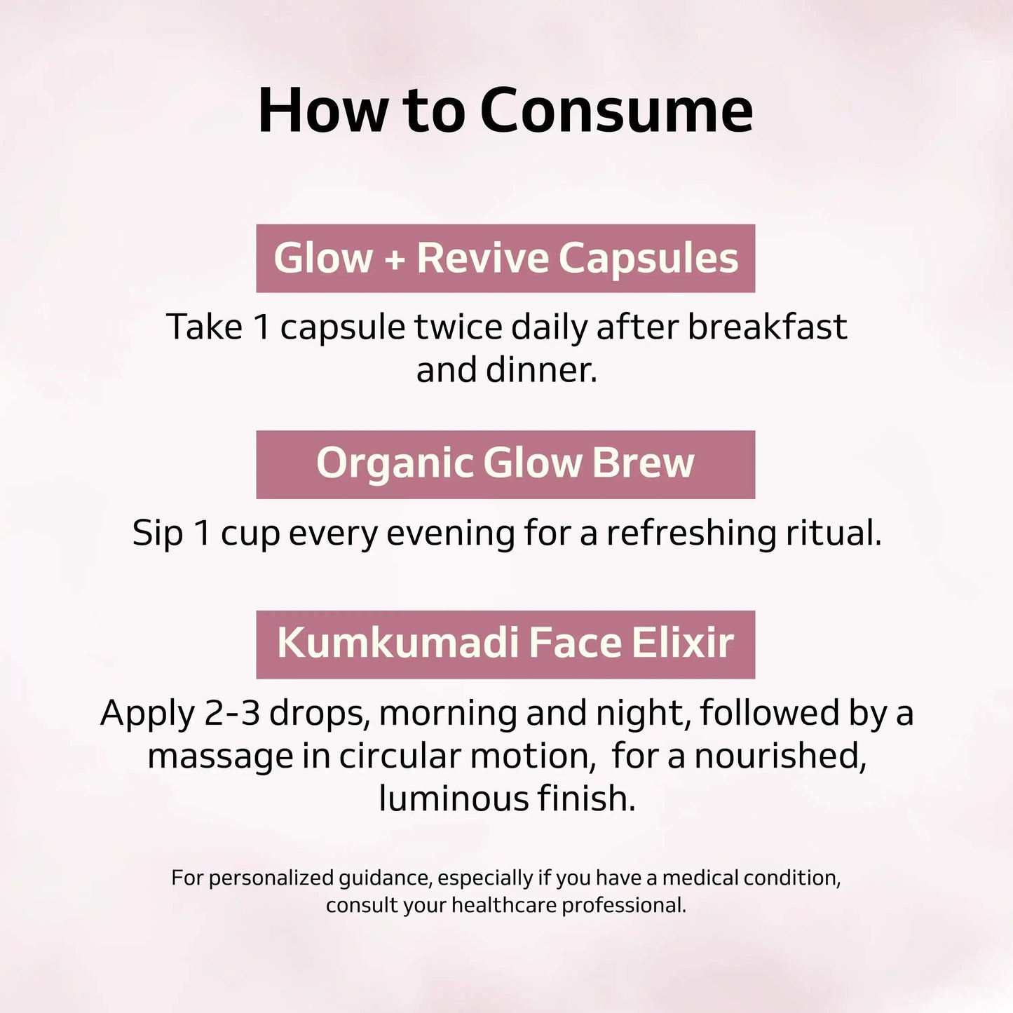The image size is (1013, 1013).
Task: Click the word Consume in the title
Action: coord(617,111)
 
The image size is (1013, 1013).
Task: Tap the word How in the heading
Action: coord(322,111)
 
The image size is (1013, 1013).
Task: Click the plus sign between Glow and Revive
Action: coord(395,259)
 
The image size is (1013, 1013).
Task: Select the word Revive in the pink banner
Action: coord(483,258)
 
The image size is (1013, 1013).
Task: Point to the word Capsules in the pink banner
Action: coord(648,259)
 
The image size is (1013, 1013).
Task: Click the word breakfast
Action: coord(767,327)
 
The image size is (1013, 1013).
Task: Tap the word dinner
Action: coord(541,369)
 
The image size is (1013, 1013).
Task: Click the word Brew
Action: coord(643,463)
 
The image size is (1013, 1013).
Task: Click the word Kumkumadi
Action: coord(397,643)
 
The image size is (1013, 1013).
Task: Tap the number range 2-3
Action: coord(232,713)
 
